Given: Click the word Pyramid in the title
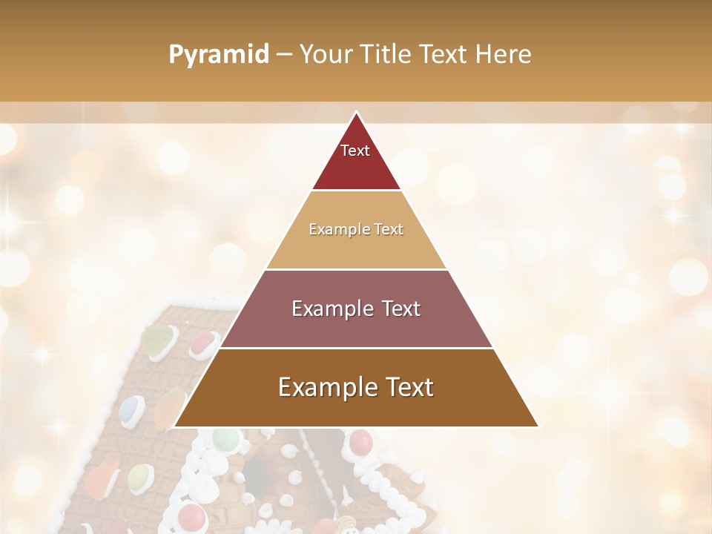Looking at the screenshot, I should tap(219, 55).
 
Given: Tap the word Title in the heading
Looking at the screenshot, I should tap(390, 55).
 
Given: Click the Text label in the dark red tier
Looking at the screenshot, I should tap(355, 151).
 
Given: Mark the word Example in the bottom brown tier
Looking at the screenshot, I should tap(322, 387).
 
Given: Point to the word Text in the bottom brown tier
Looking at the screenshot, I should tap(405, 387).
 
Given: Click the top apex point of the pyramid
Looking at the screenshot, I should tap(356, 113).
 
